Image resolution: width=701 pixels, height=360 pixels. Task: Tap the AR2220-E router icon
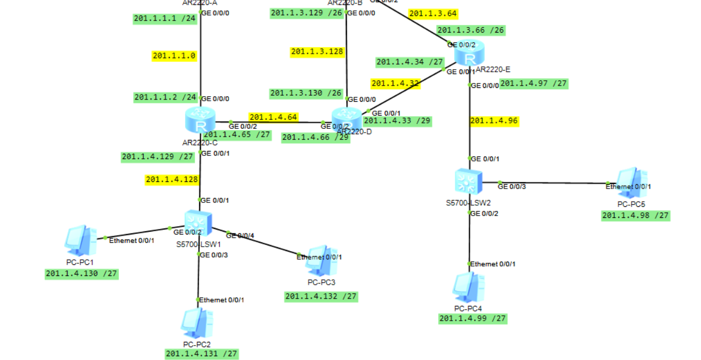coord(469,54)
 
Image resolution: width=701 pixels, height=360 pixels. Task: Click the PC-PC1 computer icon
coord(80,239)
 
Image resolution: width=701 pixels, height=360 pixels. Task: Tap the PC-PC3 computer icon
coord(321,260)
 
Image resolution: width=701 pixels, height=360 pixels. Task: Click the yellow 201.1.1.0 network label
coord(174,55)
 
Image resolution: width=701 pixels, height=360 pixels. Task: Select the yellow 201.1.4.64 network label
coord(273,117)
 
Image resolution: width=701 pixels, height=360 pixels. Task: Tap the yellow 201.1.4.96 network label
coord(494,121)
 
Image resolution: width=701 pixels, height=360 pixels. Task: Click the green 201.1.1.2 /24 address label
coord(165,97)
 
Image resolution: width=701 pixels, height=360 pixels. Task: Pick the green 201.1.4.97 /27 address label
coord(533,84)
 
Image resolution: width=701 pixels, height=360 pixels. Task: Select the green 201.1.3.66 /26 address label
coord(471,30)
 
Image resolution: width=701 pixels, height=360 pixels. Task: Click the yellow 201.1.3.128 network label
coord(317,51)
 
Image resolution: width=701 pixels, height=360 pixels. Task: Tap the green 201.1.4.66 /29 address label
coord(315,138)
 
